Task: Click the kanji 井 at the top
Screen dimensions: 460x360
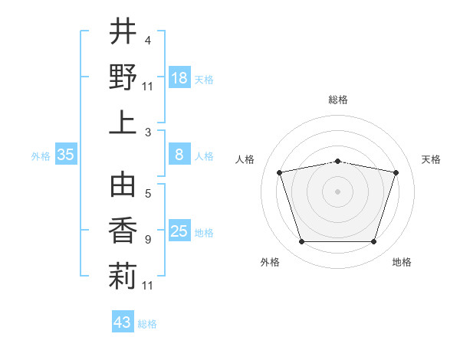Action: coord(123,31)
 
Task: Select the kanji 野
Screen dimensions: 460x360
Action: coord(123,77)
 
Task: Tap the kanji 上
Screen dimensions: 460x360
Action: coord(123,123)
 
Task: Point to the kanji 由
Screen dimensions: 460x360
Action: coord(123,185)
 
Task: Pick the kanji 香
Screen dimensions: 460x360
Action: coord(123,231)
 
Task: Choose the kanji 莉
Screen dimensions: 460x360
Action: coord(123,276)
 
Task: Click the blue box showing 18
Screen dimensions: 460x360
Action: coord(179,77)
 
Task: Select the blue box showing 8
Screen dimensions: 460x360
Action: coord(179,154)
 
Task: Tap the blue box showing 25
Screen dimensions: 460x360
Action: coord(179,230)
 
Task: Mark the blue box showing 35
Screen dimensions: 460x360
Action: coord(66,154)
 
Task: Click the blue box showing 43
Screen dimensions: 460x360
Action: coord(123,321)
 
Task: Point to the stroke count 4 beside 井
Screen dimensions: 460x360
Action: coord(148,41)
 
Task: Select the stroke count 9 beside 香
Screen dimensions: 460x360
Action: coord(148,240)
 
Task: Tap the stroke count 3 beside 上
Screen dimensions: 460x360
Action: coord(148,133)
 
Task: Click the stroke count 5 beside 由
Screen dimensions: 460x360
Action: coord(148,194)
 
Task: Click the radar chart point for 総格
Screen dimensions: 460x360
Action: coord(337,162)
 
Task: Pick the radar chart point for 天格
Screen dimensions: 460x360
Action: coord(396,172)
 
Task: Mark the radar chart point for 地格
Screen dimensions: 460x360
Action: coord(373,241)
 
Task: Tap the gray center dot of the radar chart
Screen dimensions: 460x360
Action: coord(337,191)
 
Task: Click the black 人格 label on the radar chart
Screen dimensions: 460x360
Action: coord(245,159)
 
